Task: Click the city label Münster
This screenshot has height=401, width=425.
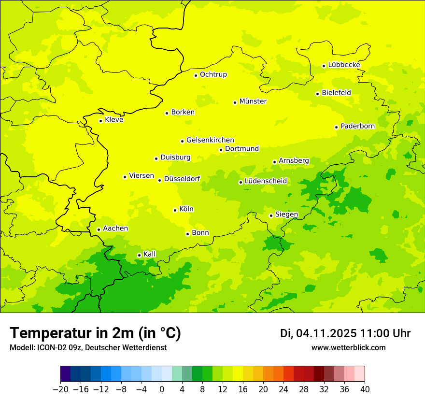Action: [x=253, y=101]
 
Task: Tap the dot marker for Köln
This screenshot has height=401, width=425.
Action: [x=175, y=210]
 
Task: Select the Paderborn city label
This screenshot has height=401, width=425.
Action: [x=357, y=126]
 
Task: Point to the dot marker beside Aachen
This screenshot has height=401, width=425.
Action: [x=99, y=229]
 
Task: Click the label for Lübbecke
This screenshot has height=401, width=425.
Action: [x=344, y=65]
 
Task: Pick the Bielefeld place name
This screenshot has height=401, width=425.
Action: [x=336, y=92]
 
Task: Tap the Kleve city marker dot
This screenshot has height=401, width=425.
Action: [x=100, y=121]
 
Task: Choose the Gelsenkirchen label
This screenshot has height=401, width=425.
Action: [x=210, y=140]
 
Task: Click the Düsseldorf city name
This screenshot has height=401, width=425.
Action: [x=182, y=179]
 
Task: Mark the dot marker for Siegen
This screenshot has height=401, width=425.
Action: [x=271, y=215]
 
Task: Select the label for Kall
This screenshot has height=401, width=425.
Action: [x=150, y=254]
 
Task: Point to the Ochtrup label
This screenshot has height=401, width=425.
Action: [x=213, y=74]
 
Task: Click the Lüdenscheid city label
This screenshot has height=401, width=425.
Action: [x=266, y=181]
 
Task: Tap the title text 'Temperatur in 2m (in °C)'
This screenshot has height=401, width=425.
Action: [x=95, y=333]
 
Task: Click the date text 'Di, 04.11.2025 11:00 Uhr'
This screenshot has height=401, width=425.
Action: [x=345, y=333]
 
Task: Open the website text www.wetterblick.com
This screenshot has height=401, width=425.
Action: [x=348, y=347]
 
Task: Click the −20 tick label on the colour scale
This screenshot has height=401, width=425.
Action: [x=60, y=389]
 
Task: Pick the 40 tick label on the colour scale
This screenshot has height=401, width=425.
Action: [x=365, y=389]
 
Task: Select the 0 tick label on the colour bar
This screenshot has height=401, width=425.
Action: [x=162, y=389]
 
